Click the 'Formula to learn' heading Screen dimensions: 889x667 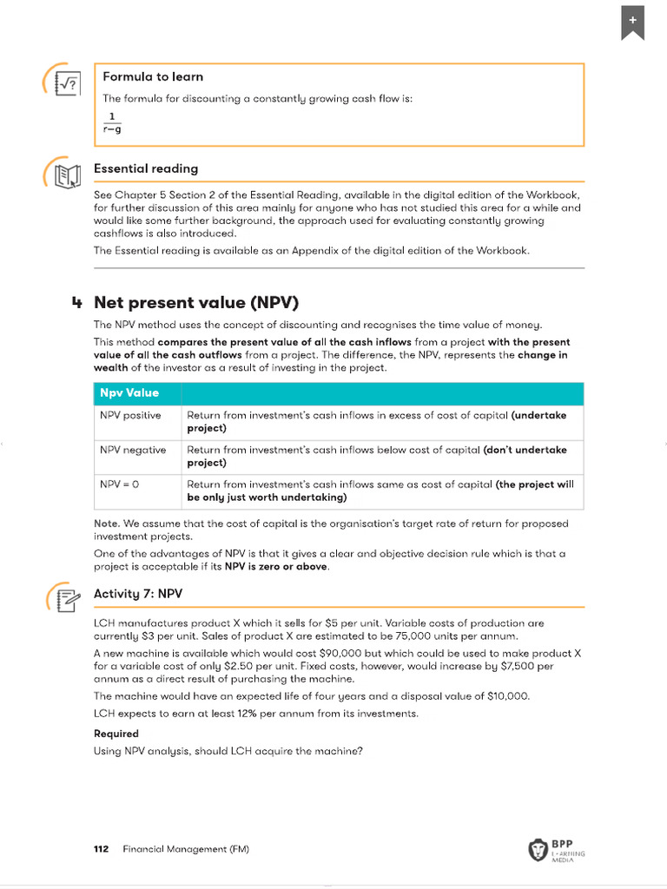153,77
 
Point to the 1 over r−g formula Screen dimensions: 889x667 112,123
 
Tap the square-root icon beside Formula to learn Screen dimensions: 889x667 66,83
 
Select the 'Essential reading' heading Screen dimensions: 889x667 145,168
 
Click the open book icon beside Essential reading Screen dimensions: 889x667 66,175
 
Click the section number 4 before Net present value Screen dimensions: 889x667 77,303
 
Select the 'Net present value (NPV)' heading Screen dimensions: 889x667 195,302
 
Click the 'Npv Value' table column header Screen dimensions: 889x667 129,393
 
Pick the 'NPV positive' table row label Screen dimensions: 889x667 130,416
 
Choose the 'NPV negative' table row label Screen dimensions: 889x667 132,451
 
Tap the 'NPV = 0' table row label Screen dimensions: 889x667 119,485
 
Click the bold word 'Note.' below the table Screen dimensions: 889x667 107,524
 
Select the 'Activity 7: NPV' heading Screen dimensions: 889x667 138,594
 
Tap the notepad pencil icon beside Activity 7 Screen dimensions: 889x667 66,600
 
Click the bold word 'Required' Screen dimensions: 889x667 116,734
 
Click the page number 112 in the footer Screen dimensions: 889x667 101,849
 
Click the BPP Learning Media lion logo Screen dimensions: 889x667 538,850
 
